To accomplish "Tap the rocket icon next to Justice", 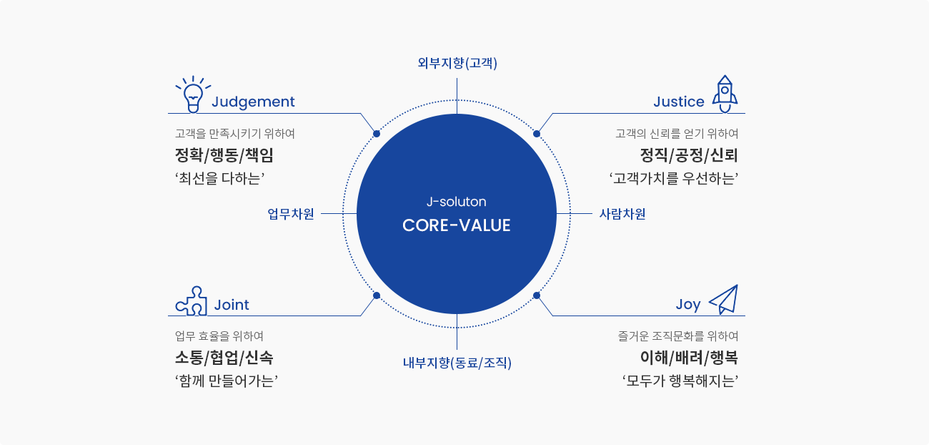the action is point(725,94).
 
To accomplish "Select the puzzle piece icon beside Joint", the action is point(192,301).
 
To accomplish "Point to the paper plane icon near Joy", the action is point(724,299).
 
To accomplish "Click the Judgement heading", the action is point(253,102).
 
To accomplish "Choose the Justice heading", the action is point(678,102).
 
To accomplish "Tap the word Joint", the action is point(232,305).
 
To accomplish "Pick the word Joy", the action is point(688,305).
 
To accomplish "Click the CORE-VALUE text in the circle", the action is point(456,225).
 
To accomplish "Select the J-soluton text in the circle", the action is point(456,202).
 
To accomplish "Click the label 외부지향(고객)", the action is point(457,63).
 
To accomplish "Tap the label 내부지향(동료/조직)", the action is point(457,363).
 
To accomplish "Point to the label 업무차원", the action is point(291,214).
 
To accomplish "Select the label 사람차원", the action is point(622,214).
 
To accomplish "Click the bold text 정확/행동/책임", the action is point(224,156).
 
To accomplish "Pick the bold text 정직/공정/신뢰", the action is point(689,156).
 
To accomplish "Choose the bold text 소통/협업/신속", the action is point(224,358).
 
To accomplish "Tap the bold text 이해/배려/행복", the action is point(689,358).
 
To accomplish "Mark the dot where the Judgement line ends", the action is point(377,134).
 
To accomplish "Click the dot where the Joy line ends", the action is point(537,295).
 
